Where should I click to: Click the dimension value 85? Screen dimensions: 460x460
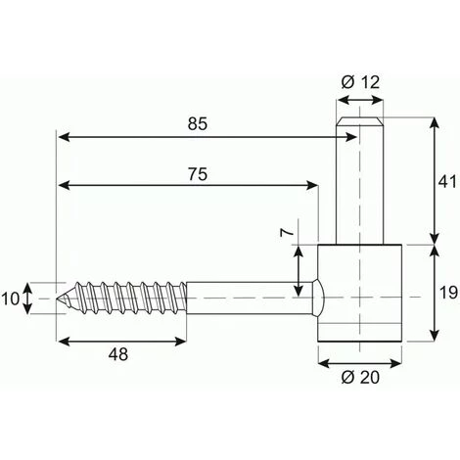pyautogui.click(x=198, y=124)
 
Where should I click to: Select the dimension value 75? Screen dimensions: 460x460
pyautogui.click(x=198, y=174)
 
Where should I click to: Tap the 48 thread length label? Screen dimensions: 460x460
pyautogui.click(x=118, y=354)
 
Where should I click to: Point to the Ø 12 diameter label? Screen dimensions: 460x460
pyautogui.click(x=360, y=82)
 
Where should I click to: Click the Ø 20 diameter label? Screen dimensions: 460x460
pyautogui.click(x=360, y=378)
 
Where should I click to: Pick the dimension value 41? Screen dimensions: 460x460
pyautogui.click(x=447, y=181)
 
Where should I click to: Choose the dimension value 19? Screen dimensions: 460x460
pyautogui.click(x=448, y=293)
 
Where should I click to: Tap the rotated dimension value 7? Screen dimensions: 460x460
pyautogui.click(x=287, y=232)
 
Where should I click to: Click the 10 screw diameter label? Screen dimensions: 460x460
pyautogui.click(x=11, y=299)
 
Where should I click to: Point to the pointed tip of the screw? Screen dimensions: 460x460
pyautogui.click(x=57, y=299)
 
